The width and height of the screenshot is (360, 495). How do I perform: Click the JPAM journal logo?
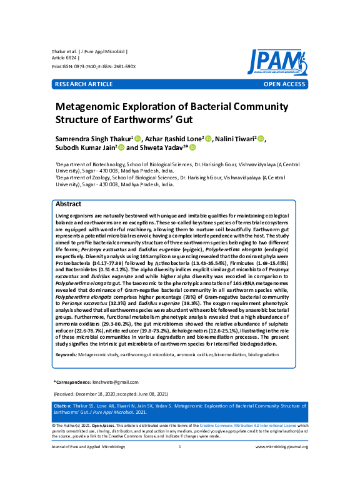tap(276, 62)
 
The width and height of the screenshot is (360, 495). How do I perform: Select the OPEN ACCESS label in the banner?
tap(284, 83)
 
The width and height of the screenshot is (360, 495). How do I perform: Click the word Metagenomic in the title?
tap(96, 107)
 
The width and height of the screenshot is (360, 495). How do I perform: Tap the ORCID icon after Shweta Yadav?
tap(193, 148)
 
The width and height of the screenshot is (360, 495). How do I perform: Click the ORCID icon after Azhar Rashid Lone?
tap(208, 139)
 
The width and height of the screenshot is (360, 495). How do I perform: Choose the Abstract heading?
tap(68, 204)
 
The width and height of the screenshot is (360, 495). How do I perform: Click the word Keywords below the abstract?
tap(66, 354)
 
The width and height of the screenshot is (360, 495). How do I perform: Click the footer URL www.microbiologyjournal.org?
tap(282, 447)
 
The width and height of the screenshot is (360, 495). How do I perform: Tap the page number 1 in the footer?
tap(180, 447)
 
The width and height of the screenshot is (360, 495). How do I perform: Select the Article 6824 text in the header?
tap(65, 57)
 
